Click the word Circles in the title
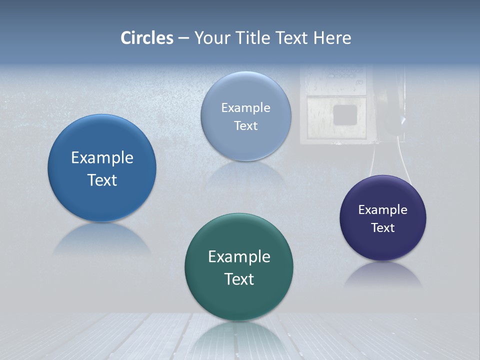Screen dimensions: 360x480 147,38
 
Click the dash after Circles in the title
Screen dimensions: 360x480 183,38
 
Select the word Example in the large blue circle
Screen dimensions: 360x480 102,158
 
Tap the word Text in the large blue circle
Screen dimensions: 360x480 102,180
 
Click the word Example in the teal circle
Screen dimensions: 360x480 239,257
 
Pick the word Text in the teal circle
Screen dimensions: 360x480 239,279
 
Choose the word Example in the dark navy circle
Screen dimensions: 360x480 382,210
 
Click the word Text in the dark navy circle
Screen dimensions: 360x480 382,228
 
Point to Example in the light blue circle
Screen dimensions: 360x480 245,108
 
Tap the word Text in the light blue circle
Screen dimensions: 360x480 245,126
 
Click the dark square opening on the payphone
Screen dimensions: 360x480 344,114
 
